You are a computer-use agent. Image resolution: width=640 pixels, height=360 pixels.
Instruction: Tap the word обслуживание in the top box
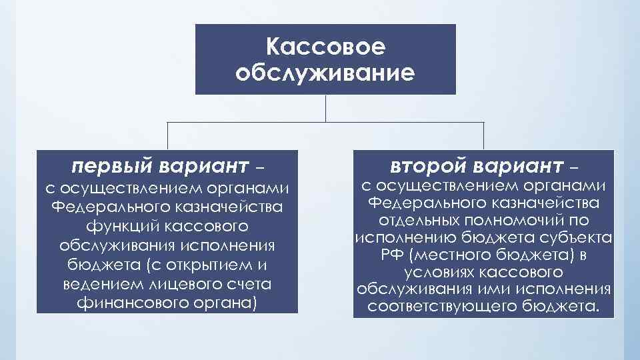click(x=325, y=71)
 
